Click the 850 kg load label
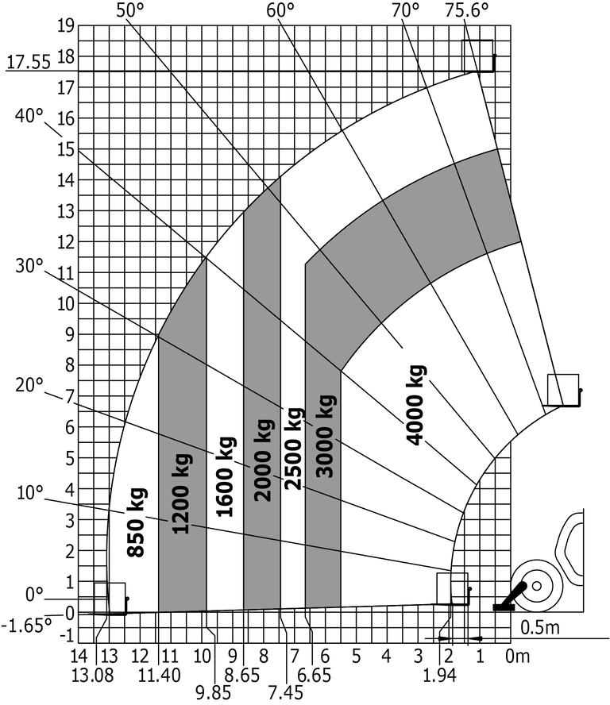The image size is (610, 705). pyautogui.click(x=136, y=522)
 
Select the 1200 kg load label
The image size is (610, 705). pyautogui.click(x=182, y=494)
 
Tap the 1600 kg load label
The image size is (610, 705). pyautogui.click(x=225, y=476)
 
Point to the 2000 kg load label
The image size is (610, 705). pyautogui.click(x=263, y=460)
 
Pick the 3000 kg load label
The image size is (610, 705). pyautogui.click(x=325, y=436)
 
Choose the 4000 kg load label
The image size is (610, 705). pyautogui.click(x=415, y=405)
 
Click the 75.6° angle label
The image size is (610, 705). pyautogui.click(x=466, y=10)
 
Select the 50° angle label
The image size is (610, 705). pyautogui.click(x=130, y=10)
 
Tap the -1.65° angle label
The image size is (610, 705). pyautogui.click(x=26, y=626)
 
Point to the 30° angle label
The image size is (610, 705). pyautogui.click(x=29, y=266)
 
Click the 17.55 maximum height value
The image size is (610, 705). pyautogui.click(x=29, y=63)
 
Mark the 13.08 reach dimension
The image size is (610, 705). pyautogui.click(x=93, y=676)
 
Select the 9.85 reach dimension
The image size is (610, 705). pyautogui.click(x=213, y=693)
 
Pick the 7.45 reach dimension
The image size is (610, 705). pyautogui.click(x=286, y=693)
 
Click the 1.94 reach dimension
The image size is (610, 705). pyautogui.click(x=439, y=676)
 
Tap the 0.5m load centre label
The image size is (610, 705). pyautogui.click(x=540, y=628)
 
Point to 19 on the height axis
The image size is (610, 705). pyautogui.click(x=66, y=25)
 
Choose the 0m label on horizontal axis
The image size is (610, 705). pyautogui.click(x=517, y=657)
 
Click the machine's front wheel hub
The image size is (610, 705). pyautogui.click(x=536, y=586)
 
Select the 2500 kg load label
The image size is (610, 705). pyautogui.click(x=294, y=449)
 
